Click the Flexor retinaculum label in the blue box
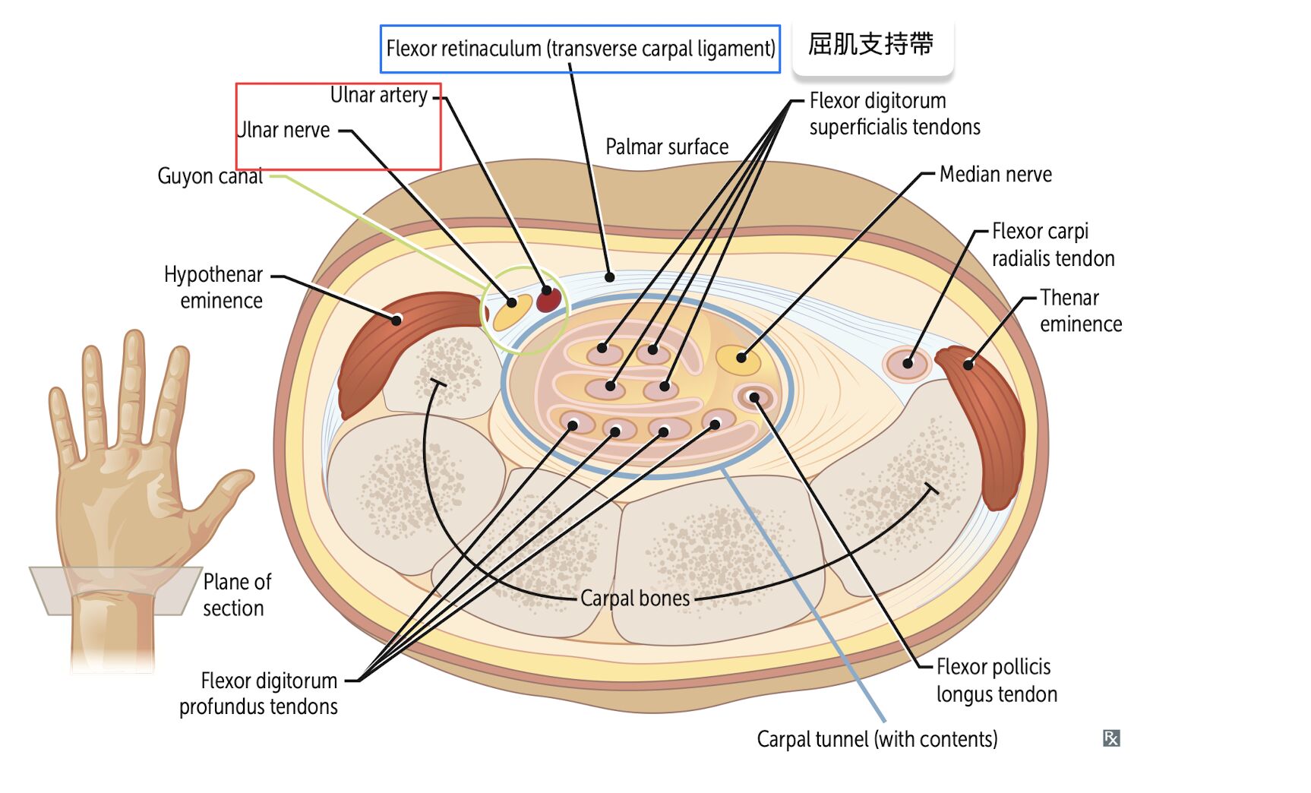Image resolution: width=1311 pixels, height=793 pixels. click(x=580, y=49)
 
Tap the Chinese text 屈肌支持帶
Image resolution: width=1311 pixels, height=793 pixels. click(x=870, y=44)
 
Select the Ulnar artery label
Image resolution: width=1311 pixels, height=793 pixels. click(x=378, y=95)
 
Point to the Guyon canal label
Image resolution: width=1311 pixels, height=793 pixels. click(x=210, y=176)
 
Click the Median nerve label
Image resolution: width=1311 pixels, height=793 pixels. click(x=995, y=175)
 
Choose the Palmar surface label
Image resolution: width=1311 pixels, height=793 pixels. click(x=667, y=147)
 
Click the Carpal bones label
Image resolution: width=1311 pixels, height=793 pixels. click(x=635, y=599)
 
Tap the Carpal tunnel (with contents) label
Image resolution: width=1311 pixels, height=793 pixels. click(x=877, y=739)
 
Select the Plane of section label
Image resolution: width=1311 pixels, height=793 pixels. click(x=236, y=595)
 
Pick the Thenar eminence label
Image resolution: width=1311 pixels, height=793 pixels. click(x=1080, y=311)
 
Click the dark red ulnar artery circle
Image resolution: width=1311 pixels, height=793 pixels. click(x=548, y=300)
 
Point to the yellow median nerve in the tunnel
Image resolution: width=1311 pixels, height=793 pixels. click(x=738, y=359)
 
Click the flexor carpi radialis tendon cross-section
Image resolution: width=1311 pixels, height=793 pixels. click(x=907, y=364)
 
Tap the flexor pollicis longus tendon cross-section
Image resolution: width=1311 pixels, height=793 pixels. click(x=753, y=397)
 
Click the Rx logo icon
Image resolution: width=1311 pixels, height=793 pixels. click(x=1110, y=738)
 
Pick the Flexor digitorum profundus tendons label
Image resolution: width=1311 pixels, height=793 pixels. click(x=258, y=693)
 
